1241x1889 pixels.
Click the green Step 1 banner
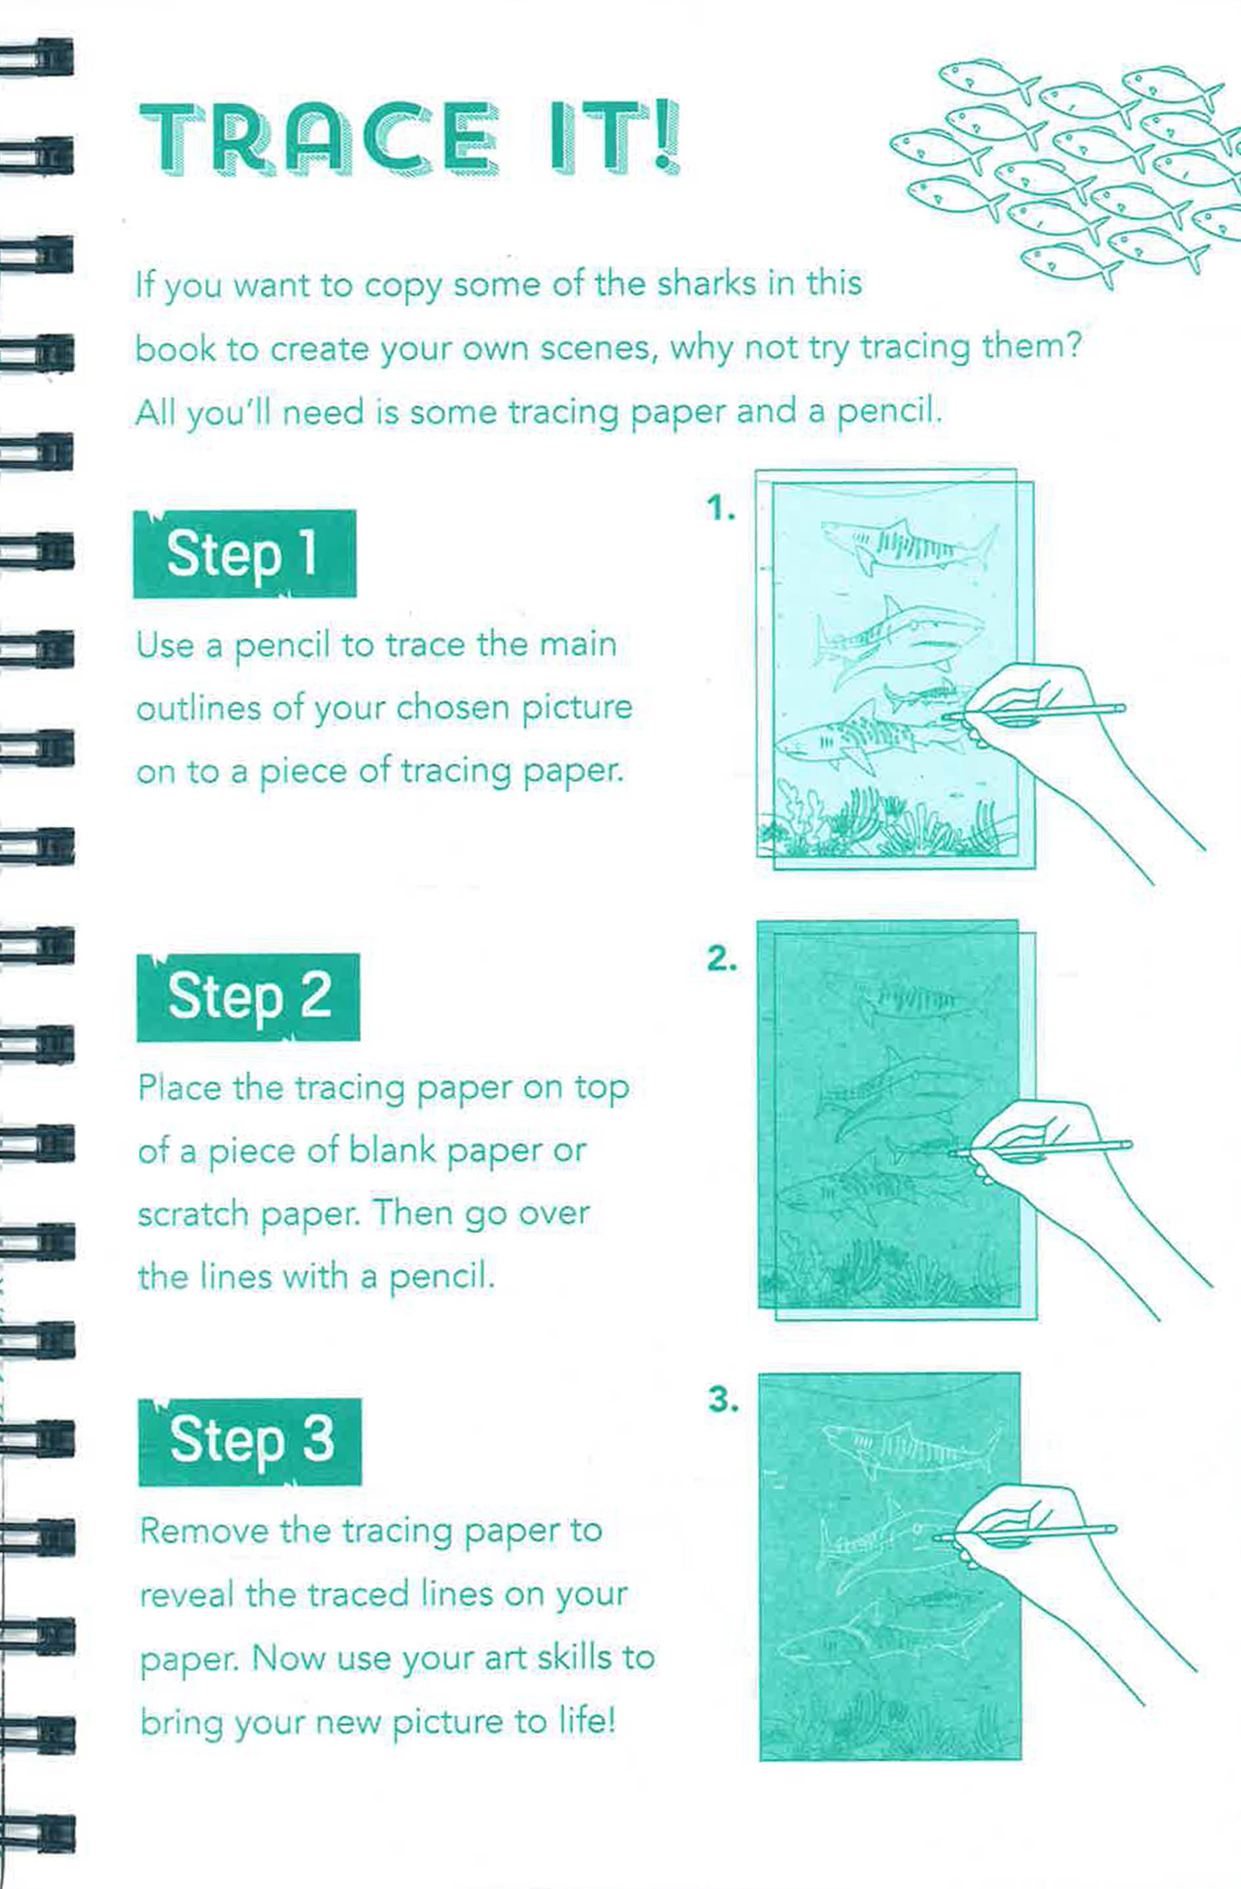tap(245, 553)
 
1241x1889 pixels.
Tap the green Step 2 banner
tap(248, 997)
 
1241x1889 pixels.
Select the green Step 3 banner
tap(249, 1441)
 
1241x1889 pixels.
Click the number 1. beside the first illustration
tap(721, 508)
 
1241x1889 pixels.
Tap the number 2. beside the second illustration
tap(721, 959)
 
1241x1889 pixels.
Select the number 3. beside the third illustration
tap(723, 1400)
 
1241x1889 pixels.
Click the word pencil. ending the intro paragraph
tap(889, 412)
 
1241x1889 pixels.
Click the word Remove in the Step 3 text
tap(204, 1531)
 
